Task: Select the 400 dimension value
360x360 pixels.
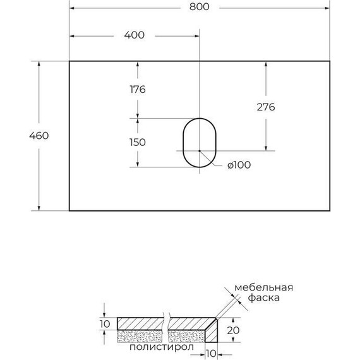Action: point(135,35)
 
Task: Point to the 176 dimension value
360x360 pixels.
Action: point(137,90)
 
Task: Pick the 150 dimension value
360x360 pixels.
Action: point(137,142)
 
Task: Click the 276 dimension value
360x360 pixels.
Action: point(266,107)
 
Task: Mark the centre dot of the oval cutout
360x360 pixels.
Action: point(199,151)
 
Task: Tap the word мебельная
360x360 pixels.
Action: point(263,287)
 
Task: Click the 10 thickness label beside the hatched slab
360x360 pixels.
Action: point(105,323)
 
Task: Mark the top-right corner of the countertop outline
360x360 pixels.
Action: point(330,61)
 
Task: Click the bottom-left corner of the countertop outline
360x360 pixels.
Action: point(69,210)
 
